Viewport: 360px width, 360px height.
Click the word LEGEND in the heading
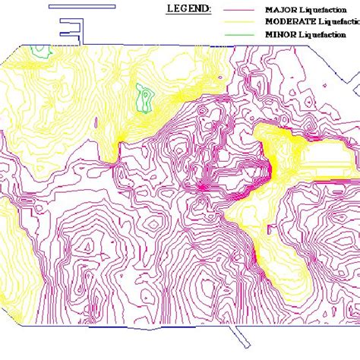tap(188, 9)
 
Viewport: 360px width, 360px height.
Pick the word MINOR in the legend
tap(278, 34)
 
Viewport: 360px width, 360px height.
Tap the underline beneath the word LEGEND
tap(188, 15)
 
